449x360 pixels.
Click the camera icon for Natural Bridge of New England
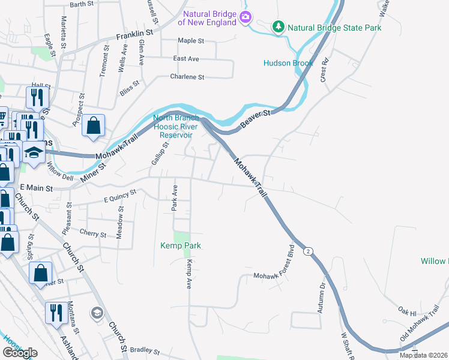point(245,17)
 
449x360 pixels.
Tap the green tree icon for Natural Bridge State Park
point(278,27)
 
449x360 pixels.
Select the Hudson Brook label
point(287,63)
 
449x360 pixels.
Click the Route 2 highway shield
point(308,250)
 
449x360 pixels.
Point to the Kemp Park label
point(180,245)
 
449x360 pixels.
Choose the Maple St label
point(191,41)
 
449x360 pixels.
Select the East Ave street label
point(185,59)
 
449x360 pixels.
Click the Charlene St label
point(187,77)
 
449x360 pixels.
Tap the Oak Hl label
point(407,313)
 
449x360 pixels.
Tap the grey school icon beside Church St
point(96,313)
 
